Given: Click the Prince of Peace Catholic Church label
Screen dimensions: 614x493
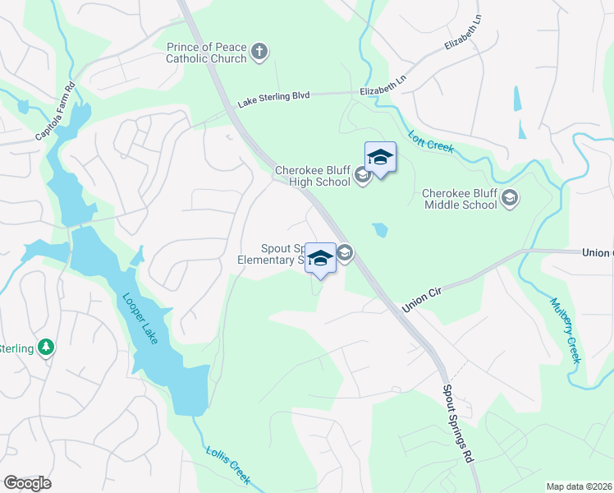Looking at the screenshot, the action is tap(206, 53).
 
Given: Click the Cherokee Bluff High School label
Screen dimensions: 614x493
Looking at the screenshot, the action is tap(314, 176).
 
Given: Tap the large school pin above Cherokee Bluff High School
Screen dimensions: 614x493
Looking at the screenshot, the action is tap(380, 158).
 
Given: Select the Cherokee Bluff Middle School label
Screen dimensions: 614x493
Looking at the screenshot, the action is tap(460, 199).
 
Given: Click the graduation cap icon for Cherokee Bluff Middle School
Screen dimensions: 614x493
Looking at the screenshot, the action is tap(510, 198).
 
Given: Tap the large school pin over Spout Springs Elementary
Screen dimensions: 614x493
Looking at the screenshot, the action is tap(320, 258).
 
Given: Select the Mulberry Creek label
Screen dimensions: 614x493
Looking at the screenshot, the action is tap(565, 329).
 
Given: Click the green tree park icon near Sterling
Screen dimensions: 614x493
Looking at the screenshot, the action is tap(48, 348).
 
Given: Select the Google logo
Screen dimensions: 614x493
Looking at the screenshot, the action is tap(28, 483).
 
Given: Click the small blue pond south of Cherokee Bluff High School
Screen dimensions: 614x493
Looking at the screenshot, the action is tap(380, 230).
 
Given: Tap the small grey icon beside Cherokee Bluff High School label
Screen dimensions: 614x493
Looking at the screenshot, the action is tap(362, 175).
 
